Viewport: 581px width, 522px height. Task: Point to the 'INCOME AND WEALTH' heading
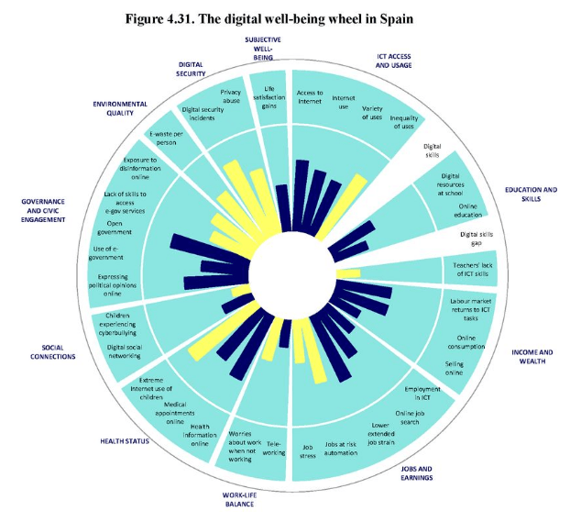pos(532,356)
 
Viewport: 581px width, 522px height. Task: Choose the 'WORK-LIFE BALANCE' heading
pos(240,499)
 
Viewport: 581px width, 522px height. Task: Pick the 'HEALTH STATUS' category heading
pos(125,441)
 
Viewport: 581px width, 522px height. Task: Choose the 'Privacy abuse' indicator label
pos(231,96)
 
